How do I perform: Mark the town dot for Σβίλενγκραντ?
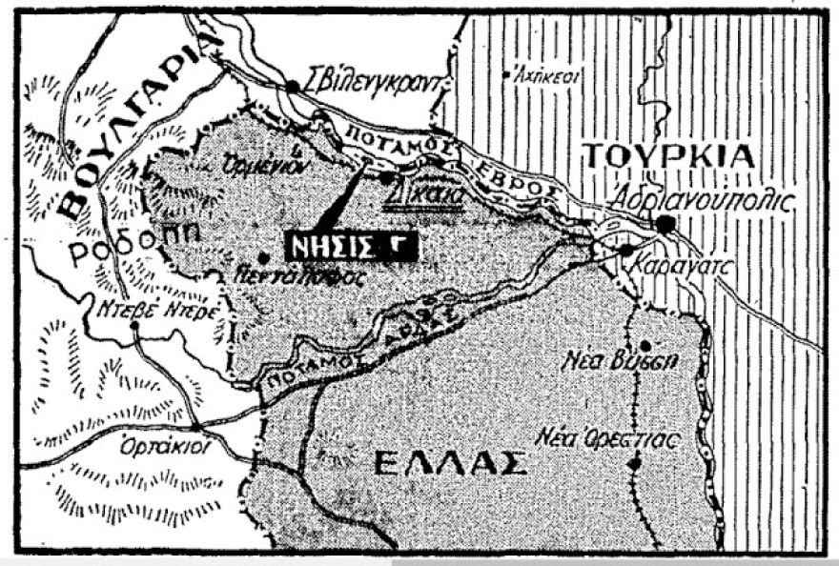coord(293,86)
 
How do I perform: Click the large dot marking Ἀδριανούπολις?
coord(665,223)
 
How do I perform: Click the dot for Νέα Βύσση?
coord(645,345)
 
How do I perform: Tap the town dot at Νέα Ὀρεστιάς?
coord(634,464)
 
